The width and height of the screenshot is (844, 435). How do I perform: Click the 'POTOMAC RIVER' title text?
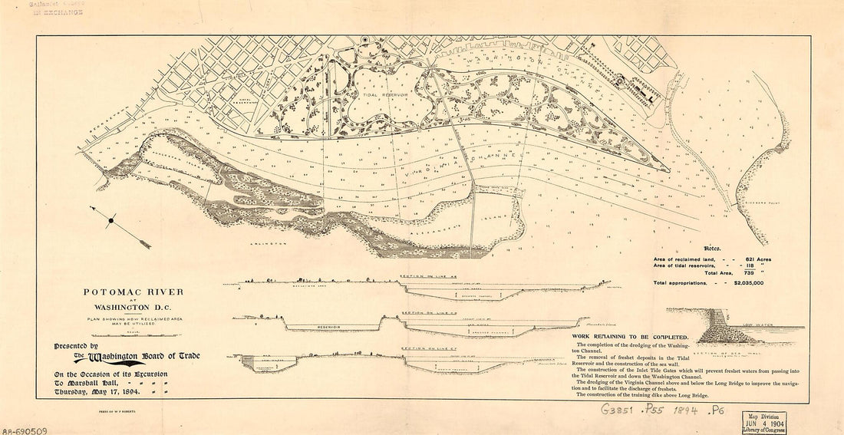(x=134, y=293)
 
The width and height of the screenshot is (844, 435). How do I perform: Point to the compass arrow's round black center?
(x=112, y=221)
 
